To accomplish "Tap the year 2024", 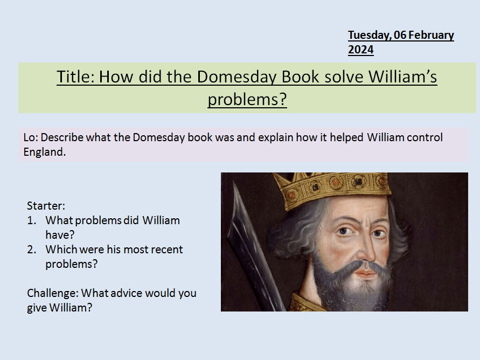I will click(360, 50).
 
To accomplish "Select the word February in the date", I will click(432, 36).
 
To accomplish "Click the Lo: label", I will click(31, 137).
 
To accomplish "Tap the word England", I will click(44, 152).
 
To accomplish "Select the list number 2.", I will click(31, 250).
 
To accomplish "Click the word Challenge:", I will click(52, 294).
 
